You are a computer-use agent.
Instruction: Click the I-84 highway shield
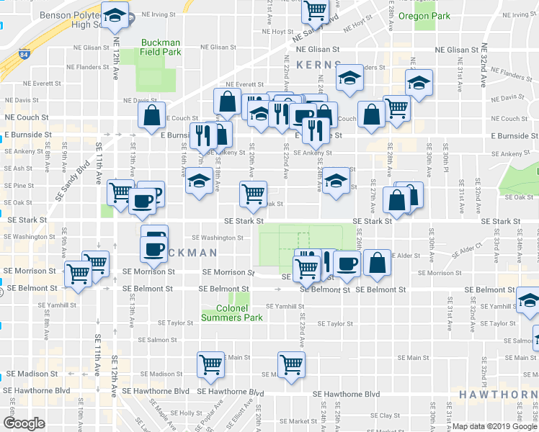coord(24,54)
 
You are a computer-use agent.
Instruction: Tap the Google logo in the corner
coord(24,423)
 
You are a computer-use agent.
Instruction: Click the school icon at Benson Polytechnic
coord(114,14)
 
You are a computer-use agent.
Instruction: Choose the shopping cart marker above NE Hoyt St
coord(315,10)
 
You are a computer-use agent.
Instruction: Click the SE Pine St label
coord(19,186)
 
